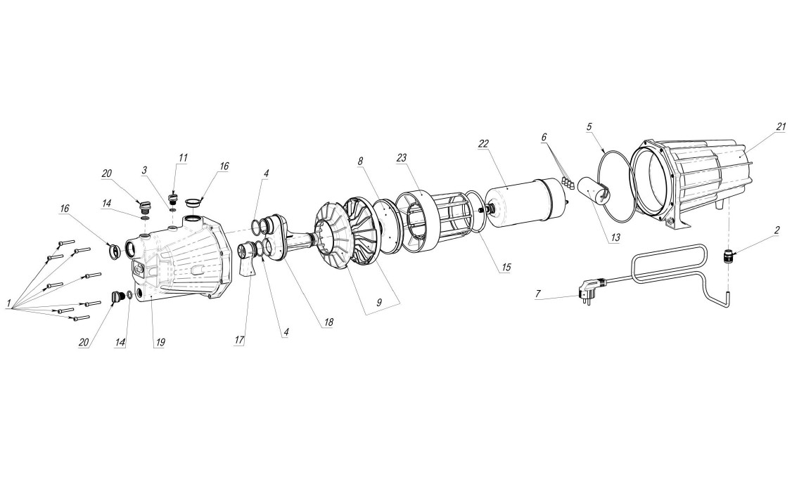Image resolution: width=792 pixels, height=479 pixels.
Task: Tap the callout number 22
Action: [483, 144]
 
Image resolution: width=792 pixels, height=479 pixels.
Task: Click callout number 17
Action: [240, 339]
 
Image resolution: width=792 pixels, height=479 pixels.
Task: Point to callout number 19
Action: [160, 342]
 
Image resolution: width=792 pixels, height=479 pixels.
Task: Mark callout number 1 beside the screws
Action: [8, 303]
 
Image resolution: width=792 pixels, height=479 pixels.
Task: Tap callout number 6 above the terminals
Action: [543, 137]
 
